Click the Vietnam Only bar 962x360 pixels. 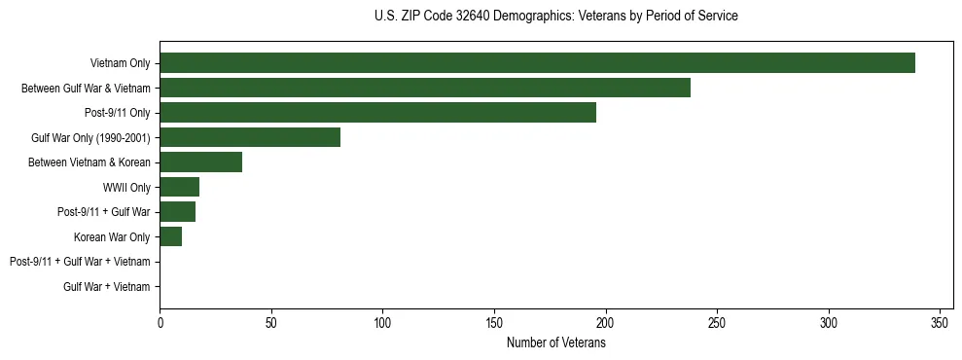[x=537, y=63]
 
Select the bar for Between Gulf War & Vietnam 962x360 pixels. [x=425, y=88]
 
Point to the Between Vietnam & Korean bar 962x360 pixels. [x=200, y=162]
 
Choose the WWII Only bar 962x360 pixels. [x=179, y=187]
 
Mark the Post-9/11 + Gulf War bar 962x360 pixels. [x=177, y=212]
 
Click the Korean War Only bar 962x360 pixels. [x=170, y=236]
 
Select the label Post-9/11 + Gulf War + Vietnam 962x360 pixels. [x=80, y=262]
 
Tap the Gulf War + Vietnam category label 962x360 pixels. [x=107, y=287]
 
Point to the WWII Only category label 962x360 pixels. [x=126, y=188]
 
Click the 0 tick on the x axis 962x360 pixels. [x=160, y=322]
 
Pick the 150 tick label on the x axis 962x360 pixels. [x=494, y=322]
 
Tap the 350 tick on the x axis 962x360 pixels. [x=940, y=322]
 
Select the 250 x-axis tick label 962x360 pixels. [x=717, y=322]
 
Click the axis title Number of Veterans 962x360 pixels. [x=555, y=343]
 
